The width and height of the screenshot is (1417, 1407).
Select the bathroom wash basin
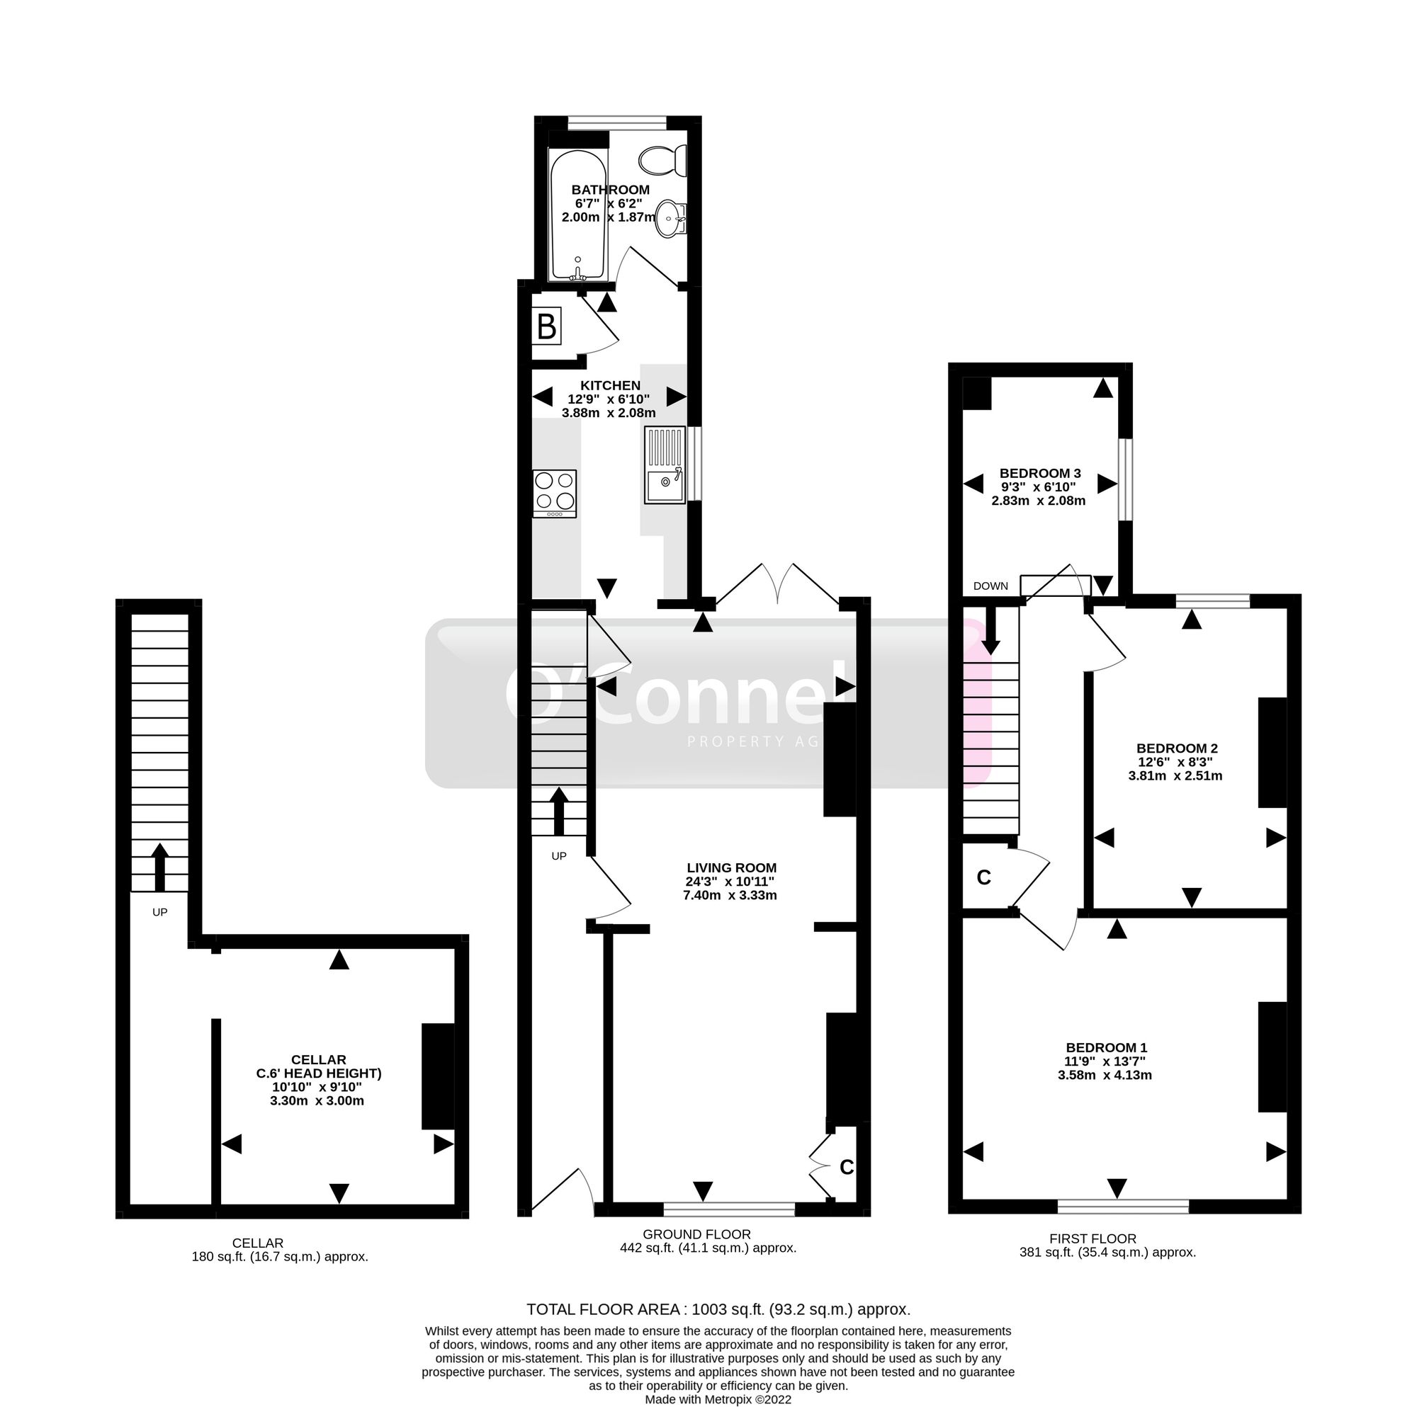pos(671,218)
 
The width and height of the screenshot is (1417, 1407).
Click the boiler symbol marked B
pos(546,326)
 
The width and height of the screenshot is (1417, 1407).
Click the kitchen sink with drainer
pos(665,465)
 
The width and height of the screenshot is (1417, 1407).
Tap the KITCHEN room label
pos(610,386)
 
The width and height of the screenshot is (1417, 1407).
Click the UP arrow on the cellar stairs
pos(159,867)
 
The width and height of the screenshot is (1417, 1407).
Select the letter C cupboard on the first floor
pos(984,877)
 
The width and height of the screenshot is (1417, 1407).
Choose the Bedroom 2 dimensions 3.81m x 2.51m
pos(1175,775)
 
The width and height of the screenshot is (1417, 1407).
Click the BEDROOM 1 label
pos(1106,1048)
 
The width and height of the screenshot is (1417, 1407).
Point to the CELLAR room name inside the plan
pos(318,1059)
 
